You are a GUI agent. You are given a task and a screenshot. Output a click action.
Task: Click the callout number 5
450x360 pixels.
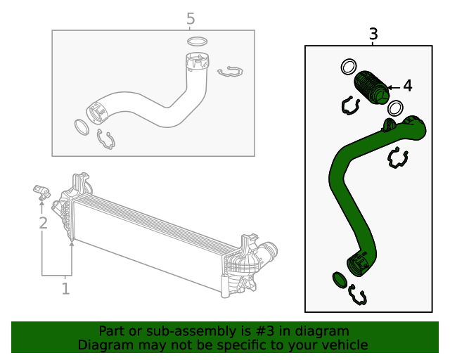click(x=191, y=18)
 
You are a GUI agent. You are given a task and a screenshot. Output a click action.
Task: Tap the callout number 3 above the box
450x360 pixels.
click(x=373, y=34)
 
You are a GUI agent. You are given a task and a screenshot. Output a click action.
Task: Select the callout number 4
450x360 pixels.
click(x=408, y=86)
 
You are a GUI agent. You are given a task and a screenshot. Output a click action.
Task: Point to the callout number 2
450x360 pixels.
click(x=43, y=223)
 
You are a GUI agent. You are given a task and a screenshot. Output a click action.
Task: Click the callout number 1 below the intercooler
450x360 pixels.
click(x=65, y=288)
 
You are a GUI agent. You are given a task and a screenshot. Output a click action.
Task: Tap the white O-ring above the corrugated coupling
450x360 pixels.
click(x=348, y=67)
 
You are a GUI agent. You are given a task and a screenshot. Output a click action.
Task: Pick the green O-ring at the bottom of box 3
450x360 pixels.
click(x=338, y=280)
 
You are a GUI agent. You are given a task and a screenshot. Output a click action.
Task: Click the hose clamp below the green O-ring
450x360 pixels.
click(x=358, y=297)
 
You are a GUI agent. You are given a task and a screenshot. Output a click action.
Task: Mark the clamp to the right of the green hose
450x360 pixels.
click(x=398, y=159)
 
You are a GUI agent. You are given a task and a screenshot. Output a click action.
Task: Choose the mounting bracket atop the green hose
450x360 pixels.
click(x=391, y=126)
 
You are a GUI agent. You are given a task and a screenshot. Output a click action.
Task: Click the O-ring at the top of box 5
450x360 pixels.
click(x=198, y=41)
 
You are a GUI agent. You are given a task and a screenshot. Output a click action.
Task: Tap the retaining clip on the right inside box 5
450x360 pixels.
click(x=230, y=70)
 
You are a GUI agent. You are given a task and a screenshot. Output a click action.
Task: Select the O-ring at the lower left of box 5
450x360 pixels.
click(x=82, y=127)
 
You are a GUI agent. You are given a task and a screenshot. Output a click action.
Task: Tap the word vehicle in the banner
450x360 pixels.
click(x=344, y=345)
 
